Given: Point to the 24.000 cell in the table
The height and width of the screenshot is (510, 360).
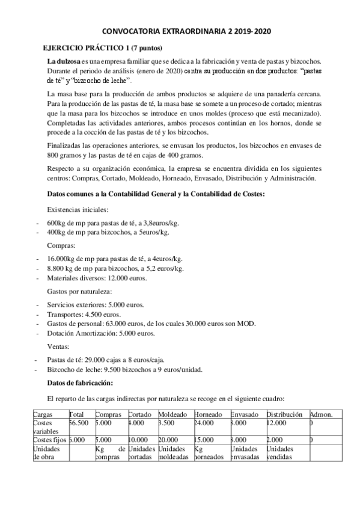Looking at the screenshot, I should [x=205, y=423].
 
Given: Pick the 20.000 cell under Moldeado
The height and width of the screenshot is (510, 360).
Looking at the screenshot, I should [x=169, y=440].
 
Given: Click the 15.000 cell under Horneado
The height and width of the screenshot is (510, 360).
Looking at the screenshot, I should [x=205, y=440].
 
